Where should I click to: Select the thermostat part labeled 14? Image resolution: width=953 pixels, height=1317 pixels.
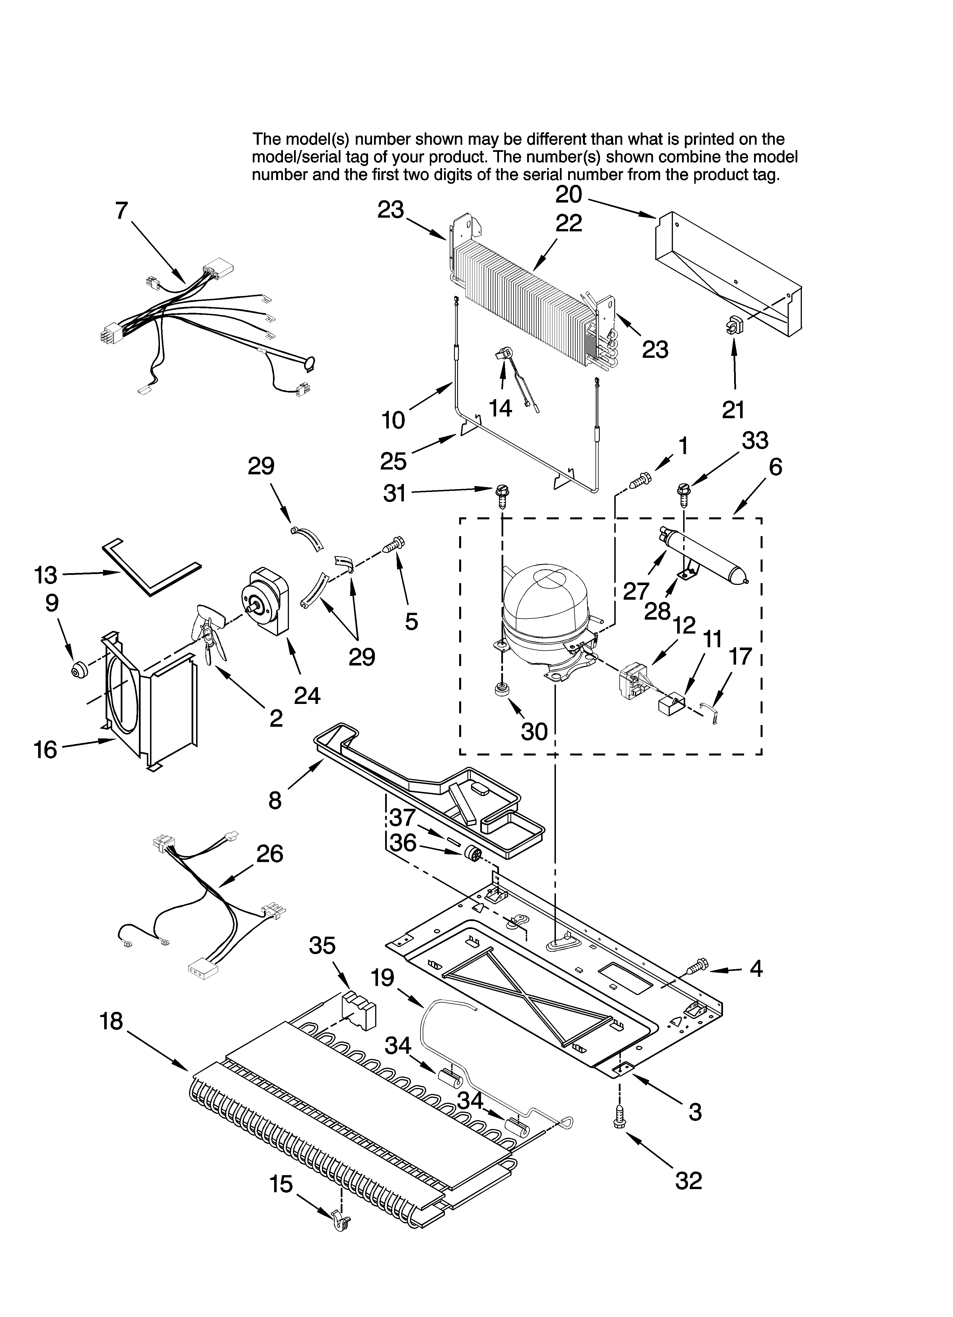[505, 356]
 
